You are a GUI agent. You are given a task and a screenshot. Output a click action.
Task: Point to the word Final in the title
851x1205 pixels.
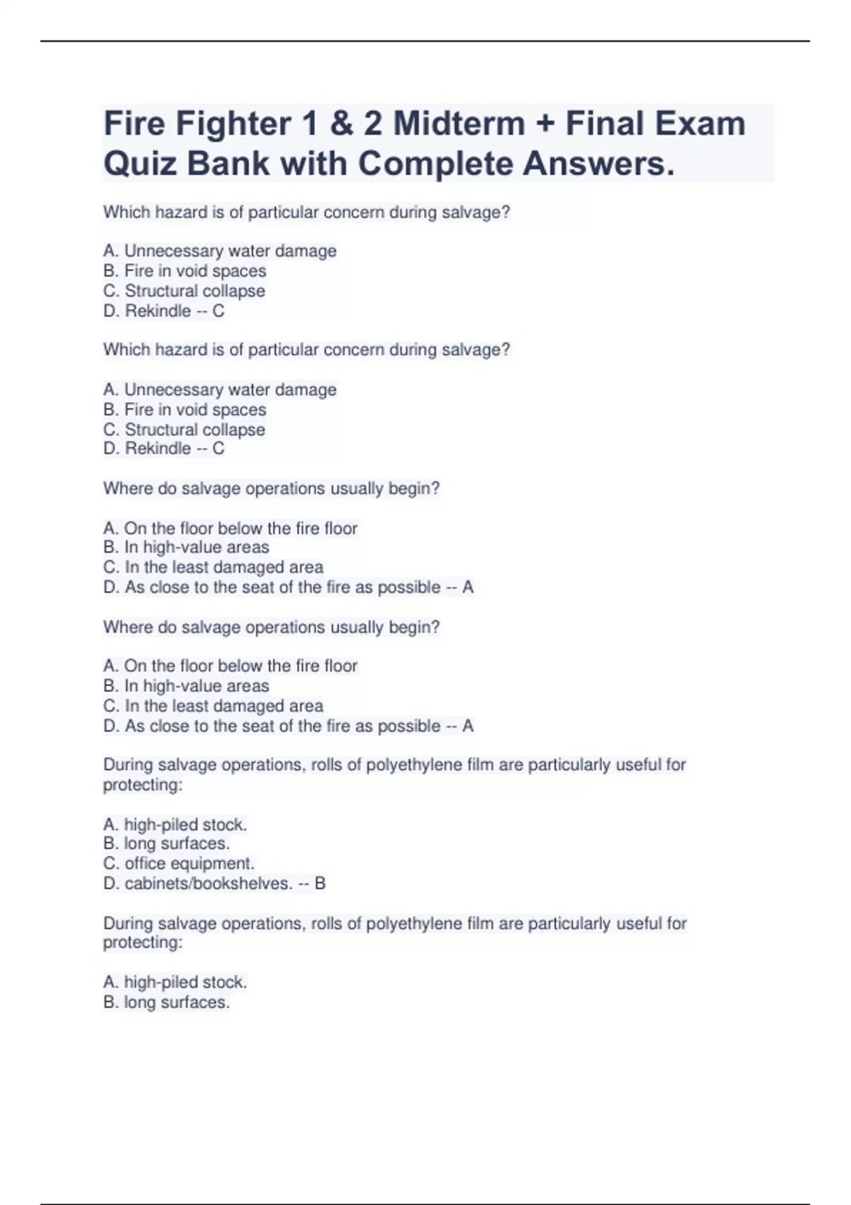click(605, 124)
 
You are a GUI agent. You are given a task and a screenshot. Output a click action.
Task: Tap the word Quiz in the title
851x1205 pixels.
click(140, 164)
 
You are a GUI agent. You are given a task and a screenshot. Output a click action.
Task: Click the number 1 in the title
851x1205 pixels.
click(308, 124)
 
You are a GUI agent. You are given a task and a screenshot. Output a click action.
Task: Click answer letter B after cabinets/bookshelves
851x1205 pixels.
click(320, 883)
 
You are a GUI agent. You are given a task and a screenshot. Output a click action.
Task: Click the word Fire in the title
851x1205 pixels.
click(134, 124)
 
